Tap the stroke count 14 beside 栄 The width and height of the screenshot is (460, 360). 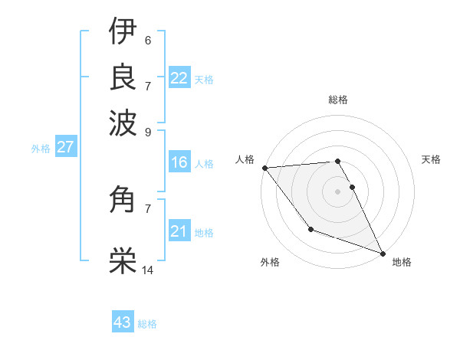148,270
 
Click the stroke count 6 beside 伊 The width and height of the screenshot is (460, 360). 147,41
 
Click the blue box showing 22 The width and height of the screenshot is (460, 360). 179,78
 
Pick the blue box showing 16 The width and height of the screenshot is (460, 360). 179,162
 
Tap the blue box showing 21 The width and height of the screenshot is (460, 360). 179,231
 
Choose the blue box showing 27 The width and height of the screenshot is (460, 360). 65,147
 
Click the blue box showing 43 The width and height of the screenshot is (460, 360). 123,322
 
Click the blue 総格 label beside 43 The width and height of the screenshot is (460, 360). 147,324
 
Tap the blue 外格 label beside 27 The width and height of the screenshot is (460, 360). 41,149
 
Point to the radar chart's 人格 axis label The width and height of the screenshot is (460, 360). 245,159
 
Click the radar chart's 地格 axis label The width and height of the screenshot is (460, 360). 402,262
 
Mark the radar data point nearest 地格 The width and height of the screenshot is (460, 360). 383,253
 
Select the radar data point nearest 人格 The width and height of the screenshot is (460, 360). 264,168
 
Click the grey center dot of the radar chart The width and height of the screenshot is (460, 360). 337,191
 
